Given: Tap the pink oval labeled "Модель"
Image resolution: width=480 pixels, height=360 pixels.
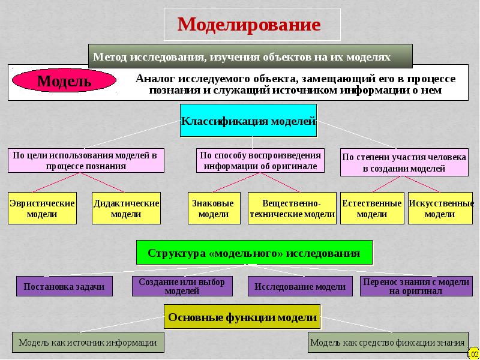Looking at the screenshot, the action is tap(64, 80).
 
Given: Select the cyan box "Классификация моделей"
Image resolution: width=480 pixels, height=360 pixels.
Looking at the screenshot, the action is tap(248, 121).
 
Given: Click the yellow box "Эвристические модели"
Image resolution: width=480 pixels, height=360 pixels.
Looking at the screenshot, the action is tap(42, 208).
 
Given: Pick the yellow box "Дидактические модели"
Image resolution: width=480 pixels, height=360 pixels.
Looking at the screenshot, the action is tap(126, 208).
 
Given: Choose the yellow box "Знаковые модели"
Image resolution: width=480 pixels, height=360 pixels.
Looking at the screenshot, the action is tap(214, 208).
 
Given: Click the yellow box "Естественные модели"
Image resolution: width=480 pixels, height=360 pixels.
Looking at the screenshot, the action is tap(371, 208).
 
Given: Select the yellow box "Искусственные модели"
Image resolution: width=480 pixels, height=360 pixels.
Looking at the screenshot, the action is tap(440, 208).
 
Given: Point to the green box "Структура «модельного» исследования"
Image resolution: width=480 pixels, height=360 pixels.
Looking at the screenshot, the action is tap(254, 253).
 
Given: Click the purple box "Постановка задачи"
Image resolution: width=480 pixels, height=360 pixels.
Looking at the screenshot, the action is tap(64, 287).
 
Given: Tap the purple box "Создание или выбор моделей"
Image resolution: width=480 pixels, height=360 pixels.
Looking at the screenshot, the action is tap(182, 287).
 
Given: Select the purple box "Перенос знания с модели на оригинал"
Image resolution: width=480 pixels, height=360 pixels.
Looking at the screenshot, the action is tap(415, 287).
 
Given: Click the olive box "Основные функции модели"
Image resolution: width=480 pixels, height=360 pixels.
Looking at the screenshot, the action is tap(242, 317).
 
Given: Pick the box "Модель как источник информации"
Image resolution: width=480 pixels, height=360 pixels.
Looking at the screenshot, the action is tap(88, 342).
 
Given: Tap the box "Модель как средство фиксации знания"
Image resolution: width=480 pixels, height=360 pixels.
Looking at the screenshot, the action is tap(388, 342).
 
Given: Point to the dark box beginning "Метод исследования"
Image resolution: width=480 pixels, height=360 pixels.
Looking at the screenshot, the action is tap(250, 56).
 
